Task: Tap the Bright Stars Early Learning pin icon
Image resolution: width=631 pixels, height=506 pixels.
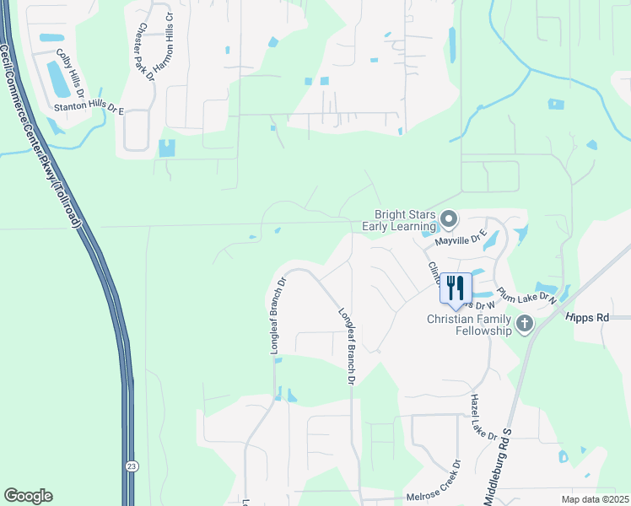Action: pyautogui.click(x=449, y=221)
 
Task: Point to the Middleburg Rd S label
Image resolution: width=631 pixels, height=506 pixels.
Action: pyautogui.click(x=508, y=455)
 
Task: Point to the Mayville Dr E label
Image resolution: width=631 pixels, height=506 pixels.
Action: pyautogui.click(x=461, y=240)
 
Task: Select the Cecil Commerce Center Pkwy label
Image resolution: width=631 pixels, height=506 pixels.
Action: pyautogui.click(x=40, y=135)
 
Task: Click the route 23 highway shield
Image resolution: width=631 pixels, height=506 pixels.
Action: pyautogui.click(x=132, y=466)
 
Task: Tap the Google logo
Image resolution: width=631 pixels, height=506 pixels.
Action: pyautogui.click(x=28, y=496)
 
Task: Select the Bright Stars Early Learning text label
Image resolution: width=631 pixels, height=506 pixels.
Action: pyautogui.click(x=399, y=220)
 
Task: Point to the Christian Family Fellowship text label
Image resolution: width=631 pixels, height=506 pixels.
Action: pyautogui.click(x=470, y=325)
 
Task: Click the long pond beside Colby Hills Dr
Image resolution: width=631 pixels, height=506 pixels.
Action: pyautogui.click(x=59, y=79)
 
